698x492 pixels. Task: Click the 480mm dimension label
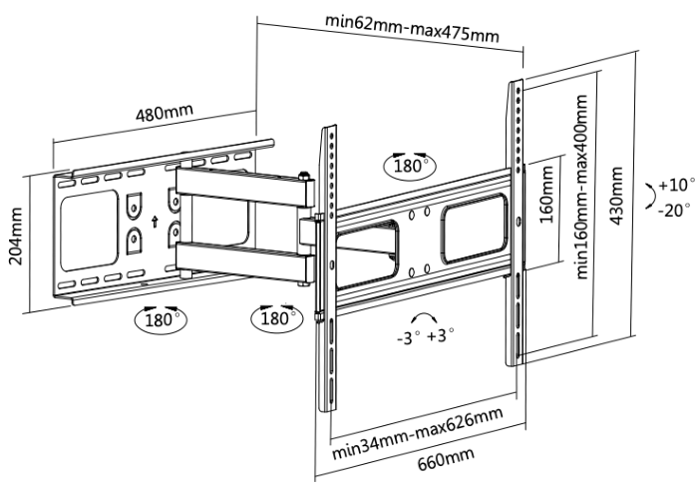pos(165,113)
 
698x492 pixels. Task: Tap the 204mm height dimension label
pos(16,236)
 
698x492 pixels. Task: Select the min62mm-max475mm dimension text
pos(412,29)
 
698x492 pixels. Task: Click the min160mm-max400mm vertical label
pos(581,187)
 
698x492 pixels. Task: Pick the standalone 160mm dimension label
pos(546,195)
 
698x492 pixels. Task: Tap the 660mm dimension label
pos(446,458)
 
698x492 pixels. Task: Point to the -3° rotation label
pos(409,338)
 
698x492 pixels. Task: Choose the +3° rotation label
pos(441,335)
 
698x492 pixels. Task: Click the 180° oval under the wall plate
pos(161,319)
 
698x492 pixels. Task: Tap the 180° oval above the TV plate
pos(410,166)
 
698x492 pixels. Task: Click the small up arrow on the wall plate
pos(155,222)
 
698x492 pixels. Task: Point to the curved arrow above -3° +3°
pos(423,315)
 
